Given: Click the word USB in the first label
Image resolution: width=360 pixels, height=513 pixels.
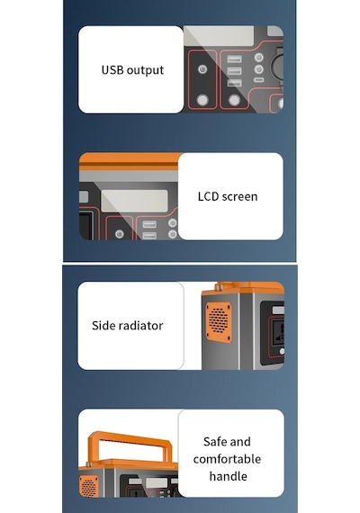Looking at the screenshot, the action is point(112,69).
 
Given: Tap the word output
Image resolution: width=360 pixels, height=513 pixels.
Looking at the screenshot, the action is point(145,71).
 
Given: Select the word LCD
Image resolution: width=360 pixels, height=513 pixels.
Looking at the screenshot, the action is point(208,196).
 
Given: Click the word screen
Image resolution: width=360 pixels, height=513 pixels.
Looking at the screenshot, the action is point(240,197).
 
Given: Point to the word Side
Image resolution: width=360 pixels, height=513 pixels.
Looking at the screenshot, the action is point(103,326).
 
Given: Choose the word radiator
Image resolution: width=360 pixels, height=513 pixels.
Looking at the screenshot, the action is point(140,326).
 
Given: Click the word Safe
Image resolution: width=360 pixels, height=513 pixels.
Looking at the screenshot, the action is point(215,442).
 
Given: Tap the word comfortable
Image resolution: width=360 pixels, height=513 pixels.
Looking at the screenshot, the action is point(227,459).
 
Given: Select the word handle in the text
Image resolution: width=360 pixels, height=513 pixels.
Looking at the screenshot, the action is point(228,476).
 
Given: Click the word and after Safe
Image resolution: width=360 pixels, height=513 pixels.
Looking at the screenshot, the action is point(240,442).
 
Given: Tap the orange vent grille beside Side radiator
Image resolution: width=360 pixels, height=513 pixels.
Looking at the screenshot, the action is point(219,322).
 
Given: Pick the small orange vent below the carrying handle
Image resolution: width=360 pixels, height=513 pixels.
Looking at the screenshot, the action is point(89,486).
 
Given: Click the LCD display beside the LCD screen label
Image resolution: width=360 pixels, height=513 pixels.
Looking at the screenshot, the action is point(134,201).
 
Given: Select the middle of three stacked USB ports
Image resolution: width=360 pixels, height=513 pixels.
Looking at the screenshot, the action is point(234,71).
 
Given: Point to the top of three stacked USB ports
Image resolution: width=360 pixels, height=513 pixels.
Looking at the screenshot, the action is point(234,58).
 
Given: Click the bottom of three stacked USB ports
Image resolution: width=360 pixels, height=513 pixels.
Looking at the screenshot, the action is point(234,83).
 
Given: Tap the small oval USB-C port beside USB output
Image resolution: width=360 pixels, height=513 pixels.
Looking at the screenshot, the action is point(259,80).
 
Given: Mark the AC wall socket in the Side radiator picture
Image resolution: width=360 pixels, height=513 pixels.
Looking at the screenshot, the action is point(278,331).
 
